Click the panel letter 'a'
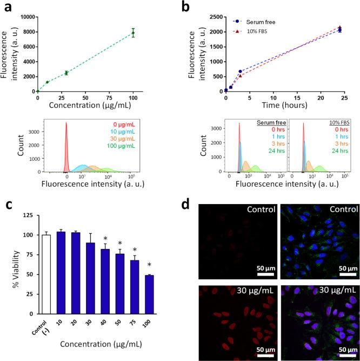point(7,8)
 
